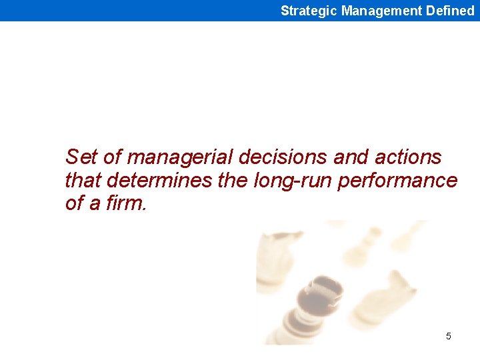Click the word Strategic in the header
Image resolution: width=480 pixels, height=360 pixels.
[309, 11]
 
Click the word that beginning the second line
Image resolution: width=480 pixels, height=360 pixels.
[83, 180]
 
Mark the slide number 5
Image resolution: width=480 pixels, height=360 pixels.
[448, 336]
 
